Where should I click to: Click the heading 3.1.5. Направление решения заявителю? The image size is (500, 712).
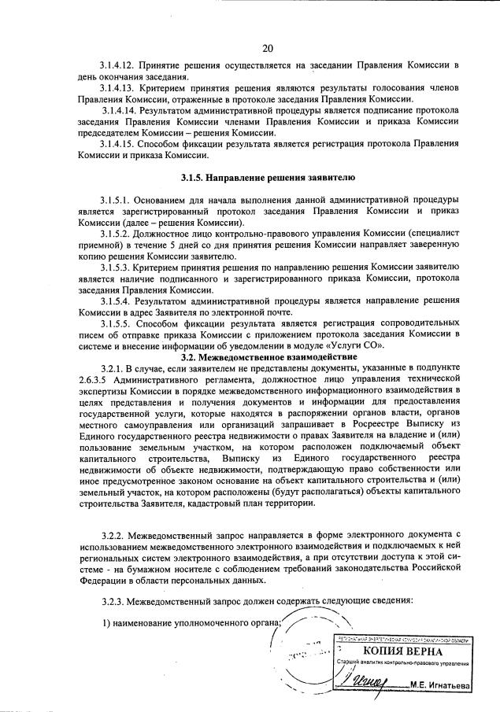coord(268,179)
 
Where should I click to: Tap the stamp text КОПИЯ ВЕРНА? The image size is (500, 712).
coord(402,651)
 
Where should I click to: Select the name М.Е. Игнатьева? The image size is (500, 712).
coord(440,685)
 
